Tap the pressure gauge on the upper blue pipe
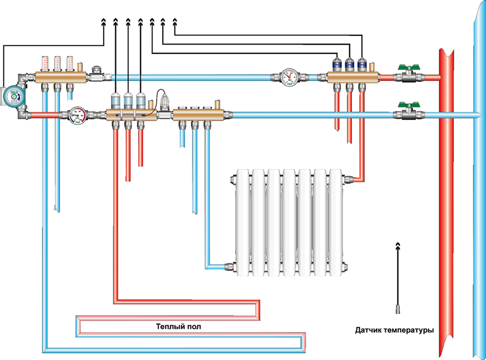tap(289, 77)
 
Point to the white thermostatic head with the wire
tap(165, 100)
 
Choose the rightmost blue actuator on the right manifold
tap(362, 65)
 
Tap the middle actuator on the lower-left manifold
tap(128, 99)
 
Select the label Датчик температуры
tap(394, 330)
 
